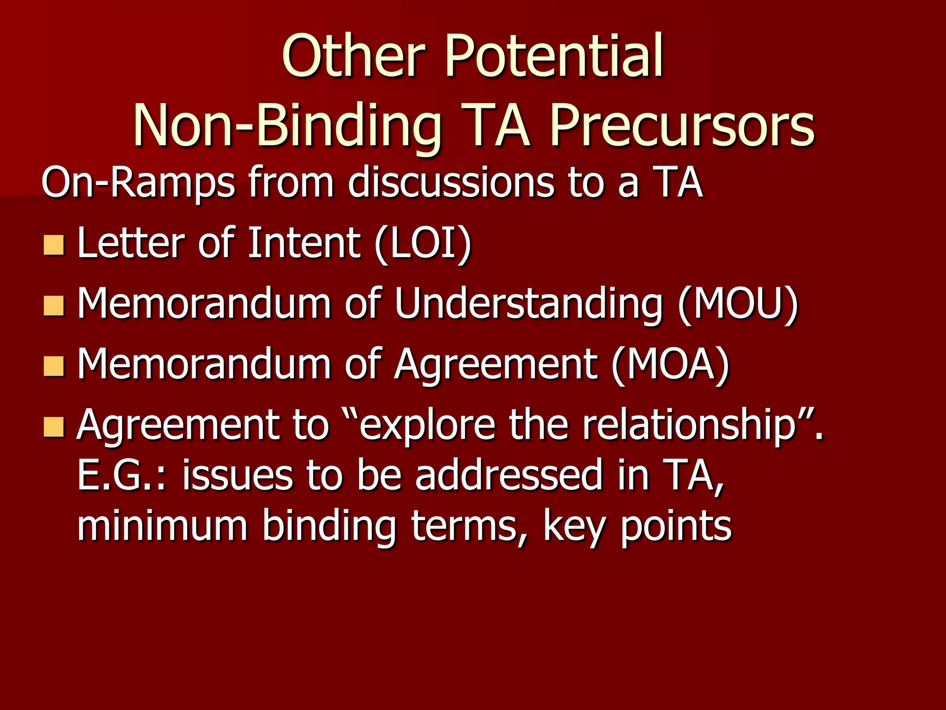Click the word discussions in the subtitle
coord(450,183)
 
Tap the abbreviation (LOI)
coord(423,243)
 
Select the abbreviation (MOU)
coord(738,304)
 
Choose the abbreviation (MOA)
coord(670,364)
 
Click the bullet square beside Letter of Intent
coord(54,245)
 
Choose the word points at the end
coord(676,526)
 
